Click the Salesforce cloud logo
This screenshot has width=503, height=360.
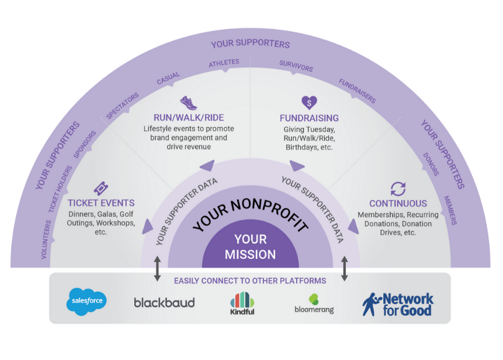pos(87,302)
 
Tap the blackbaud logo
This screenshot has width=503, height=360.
pos(165,303)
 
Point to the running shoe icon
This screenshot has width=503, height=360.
pos(188,102)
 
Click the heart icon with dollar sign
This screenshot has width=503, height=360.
pos(309,102)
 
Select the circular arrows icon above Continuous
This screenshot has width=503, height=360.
pos(397,189)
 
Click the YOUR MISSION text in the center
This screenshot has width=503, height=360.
pos(250,247)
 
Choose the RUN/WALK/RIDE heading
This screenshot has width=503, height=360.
pos(189,117)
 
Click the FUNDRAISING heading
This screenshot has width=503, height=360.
pos(309,118)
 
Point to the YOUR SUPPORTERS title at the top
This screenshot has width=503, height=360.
pos(250,45)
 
